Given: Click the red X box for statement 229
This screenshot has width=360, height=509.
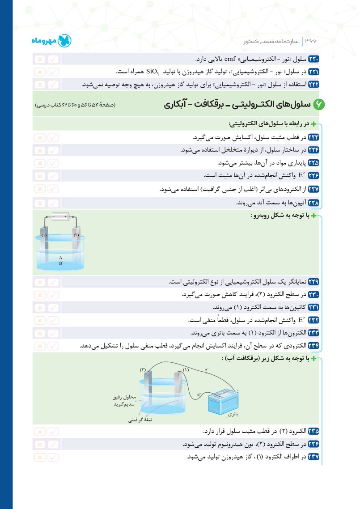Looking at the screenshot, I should coord(40,282).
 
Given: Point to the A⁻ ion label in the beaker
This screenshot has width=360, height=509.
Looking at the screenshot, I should coord(61,258).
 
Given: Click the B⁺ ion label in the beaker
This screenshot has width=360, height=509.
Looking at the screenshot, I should coord(61,264).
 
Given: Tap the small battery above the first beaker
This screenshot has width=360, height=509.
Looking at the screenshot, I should coord(60,216).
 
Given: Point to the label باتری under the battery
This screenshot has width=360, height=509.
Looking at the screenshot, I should coord(233,415).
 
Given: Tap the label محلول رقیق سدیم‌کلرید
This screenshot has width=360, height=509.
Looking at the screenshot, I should coord(121,400).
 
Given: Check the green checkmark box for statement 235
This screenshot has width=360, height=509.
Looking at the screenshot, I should coord(53,432).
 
